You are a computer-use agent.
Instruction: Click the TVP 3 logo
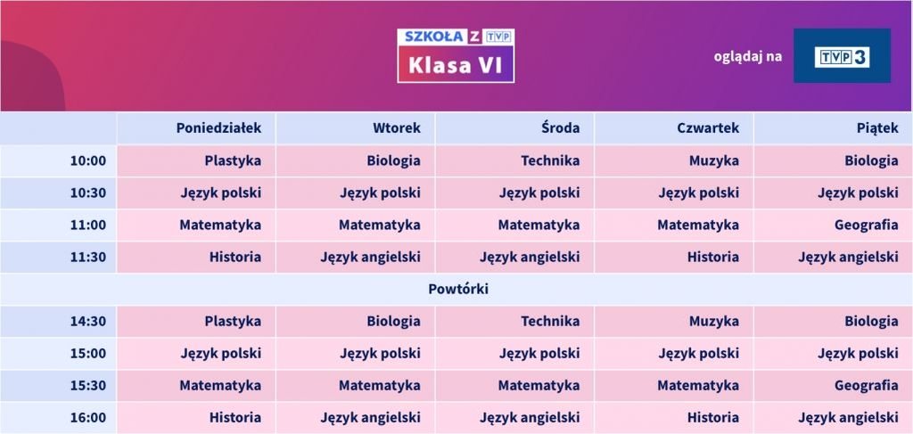click(x=842, y=56)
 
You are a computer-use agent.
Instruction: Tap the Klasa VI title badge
click(x=456, y=56)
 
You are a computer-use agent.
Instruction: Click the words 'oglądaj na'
click(x=748, y=56)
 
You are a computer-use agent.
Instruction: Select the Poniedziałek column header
click(x=219, y=128)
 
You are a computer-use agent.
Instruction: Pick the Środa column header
click(x=560, y=128)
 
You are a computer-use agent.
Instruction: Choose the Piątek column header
click(x=877, y=128)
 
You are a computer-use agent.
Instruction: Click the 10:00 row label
click(x=88, y=160)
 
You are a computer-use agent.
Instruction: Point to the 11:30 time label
click(x=88, y=258)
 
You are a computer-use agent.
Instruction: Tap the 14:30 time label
click(x=88, y=321)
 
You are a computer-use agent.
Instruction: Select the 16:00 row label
click(x=88, y=418)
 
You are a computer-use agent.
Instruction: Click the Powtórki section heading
click(x=458, y=289)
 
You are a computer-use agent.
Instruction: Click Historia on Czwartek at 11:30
click(x=713, y=258)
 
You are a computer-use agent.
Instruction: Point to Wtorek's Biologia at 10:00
click(x=393, y=161)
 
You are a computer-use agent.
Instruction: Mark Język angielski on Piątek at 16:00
click(x=849, y=418)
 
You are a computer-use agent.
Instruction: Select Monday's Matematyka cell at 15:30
click(x=220, y=386)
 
